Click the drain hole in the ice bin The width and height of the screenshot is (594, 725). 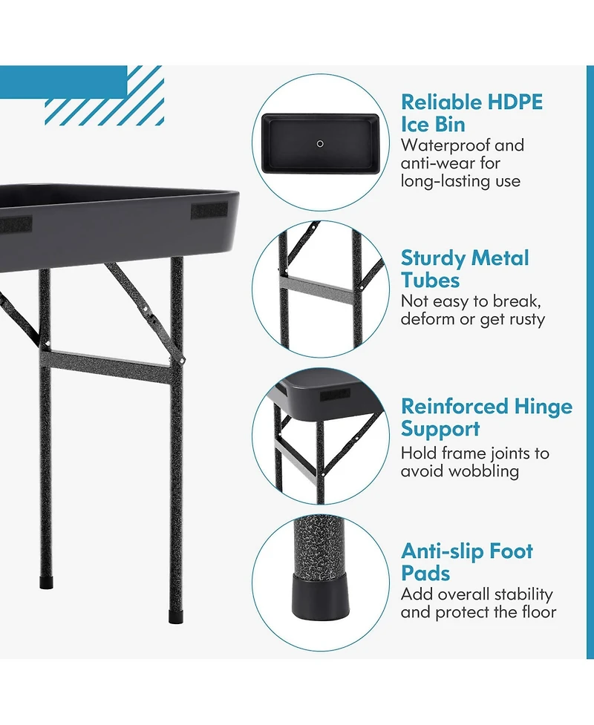tap(320, 144)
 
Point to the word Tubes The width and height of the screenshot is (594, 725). tap(430, 281)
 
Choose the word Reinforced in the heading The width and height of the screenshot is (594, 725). tap(448, 407)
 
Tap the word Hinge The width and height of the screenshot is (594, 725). tap(537, 407)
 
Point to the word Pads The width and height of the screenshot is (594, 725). tap(425, 574)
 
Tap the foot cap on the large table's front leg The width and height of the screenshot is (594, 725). tap(176, 617)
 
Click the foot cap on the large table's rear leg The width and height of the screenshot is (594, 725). tap(46, 583)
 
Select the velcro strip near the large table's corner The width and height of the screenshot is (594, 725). tap(209, 211)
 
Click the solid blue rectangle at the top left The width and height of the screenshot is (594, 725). tap(63, 82)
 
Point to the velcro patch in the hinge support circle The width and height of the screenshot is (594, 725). tap(335, 394)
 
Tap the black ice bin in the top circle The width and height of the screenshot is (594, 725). tap(320, 143)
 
